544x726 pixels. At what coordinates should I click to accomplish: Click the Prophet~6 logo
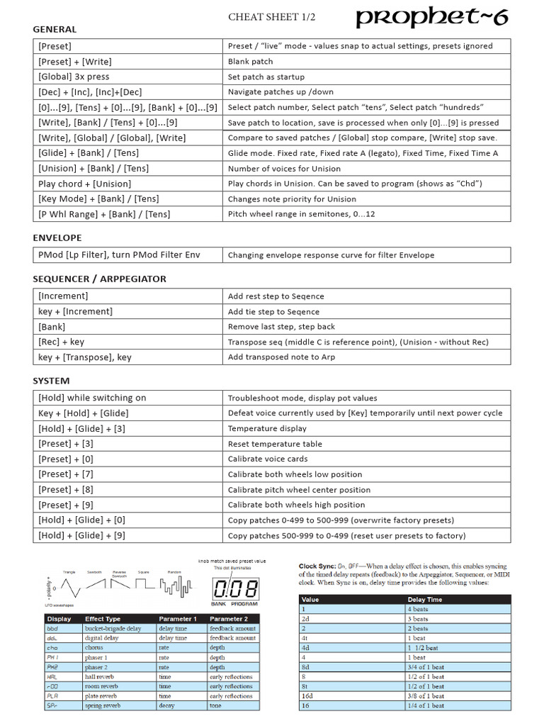coord(431,18)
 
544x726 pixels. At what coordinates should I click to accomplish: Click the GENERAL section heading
coord(55,29)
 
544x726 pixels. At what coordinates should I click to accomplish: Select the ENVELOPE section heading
coord(57,238)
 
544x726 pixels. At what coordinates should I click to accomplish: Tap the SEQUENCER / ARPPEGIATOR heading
coord(99,279)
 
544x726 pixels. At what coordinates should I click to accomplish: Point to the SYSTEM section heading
coord(51,381)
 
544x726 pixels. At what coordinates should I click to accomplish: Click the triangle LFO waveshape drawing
coord(69,588)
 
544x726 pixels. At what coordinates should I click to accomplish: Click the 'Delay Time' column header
coord(425,599)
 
